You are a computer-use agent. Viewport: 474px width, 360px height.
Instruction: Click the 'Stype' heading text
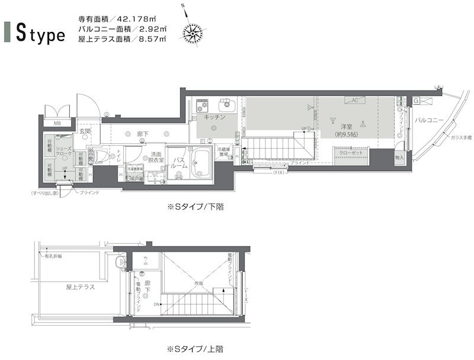[x=41, y=34]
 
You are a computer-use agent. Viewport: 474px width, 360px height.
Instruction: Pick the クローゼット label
[x=351, y=152]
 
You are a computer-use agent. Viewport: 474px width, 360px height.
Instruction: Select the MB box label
[x=57, y=124]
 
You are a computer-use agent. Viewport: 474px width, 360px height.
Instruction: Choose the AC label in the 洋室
[x=355, y=100]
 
